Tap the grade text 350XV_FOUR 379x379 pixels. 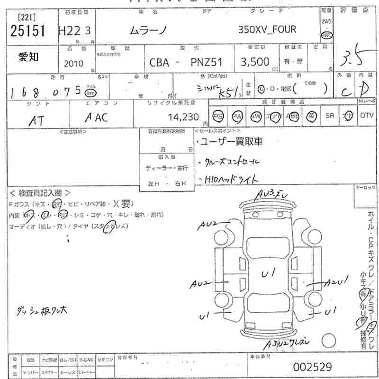[267, 29]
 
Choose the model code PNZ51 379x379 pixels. [207, 62]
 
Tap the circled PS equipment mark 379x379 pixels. [218, 116]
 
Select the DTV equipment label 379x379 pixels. [366, 115]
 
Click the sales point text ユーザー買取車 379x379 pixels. [231, 141]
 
